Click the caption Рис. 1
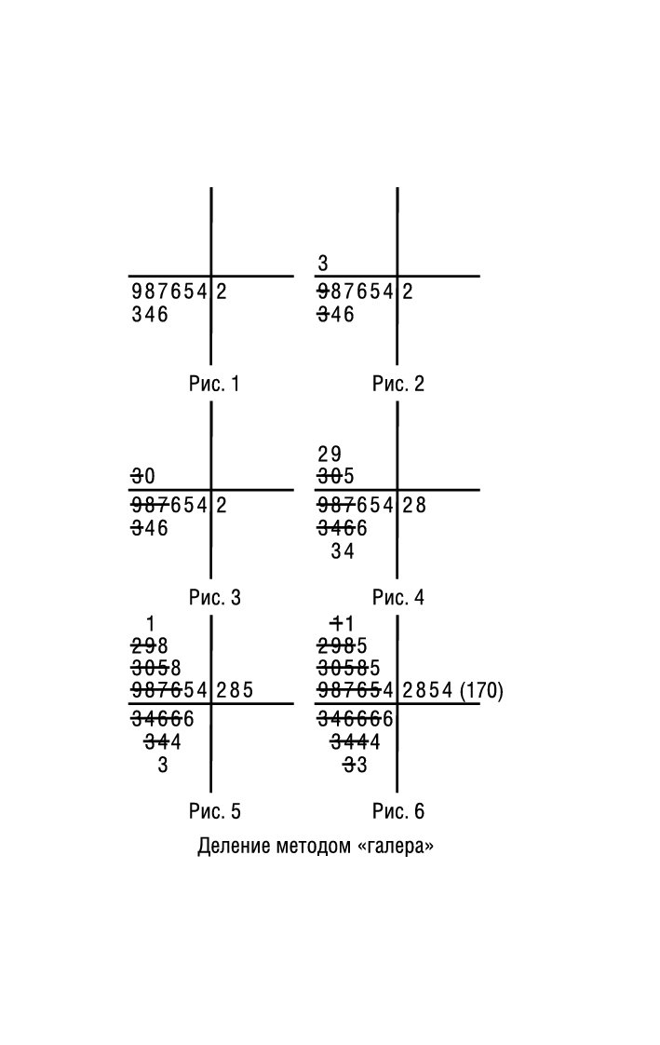214,384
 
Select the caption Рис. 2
398,384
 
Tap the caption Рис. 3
214,598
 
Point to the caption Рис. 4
398,598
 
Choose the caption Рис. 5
214,812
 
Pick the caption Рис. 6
398,812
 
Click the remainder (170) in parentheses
481,691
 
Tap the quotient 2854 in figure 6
428,691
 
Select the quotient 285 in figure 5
235,691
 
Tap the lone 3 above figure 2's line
323,265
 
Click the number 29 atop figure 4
330,455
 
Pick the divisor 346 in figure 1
151,315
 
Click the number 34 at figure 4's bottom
343,551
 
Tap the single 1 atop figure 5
151,623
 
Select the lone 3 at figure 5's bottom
163,766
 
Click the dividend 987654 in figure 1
169,292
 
